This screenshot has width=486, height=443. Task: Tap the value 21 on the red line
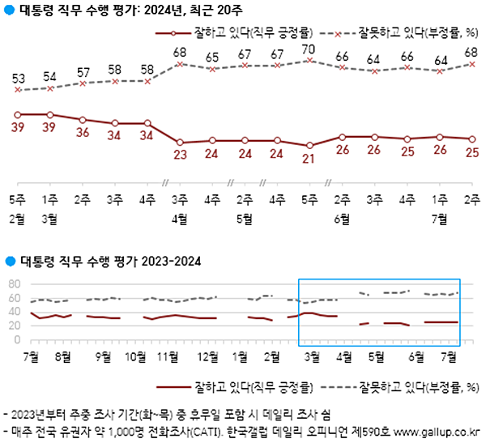(x=309, y=158)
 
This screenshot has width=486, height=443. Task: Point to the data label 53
(x=17, y=77)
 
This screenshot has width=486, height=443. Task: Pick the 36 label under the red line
(x=83, y=133)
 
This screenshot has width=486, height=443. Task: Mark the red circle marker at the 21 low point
(x=309, y=145)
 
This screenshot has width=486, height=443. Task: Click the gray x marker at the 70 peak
(x=309, y=60)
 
